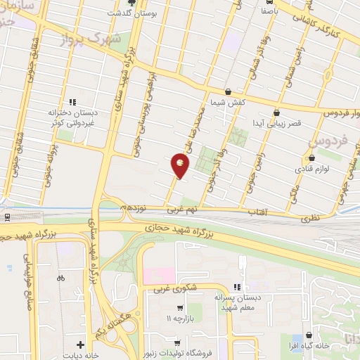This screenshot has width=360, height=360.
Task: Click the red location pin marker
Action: pos(181,165)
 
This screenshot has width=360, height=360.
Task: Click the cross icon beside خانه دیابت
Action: pos(81,345)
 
